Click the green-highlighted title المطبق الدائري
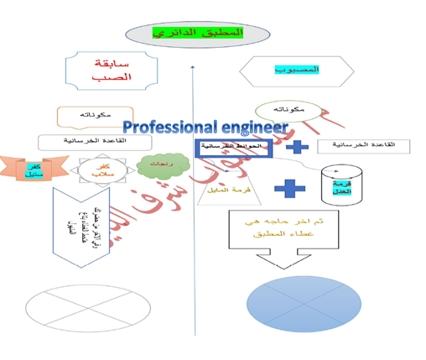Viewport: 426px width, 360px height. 200,34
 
